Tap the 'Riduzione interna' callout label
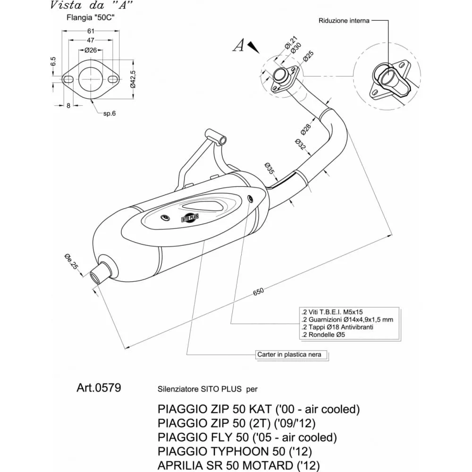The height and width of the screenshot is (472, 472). coord(344,21)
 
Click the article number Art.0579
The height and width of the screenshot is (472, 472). coord(98,388)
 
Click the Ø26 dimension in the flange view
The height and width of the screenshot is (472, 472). coord(91,50)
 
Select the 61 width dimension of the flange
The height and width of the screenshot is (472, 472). coord(90,31)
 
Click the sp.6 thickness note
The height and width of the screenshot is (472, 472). coord(110,113)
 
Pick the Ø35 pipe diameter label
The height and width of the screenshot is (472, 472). coord(270,169)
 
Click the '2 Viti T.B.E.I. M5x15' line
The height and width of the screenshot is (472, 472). coord(332,312)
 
